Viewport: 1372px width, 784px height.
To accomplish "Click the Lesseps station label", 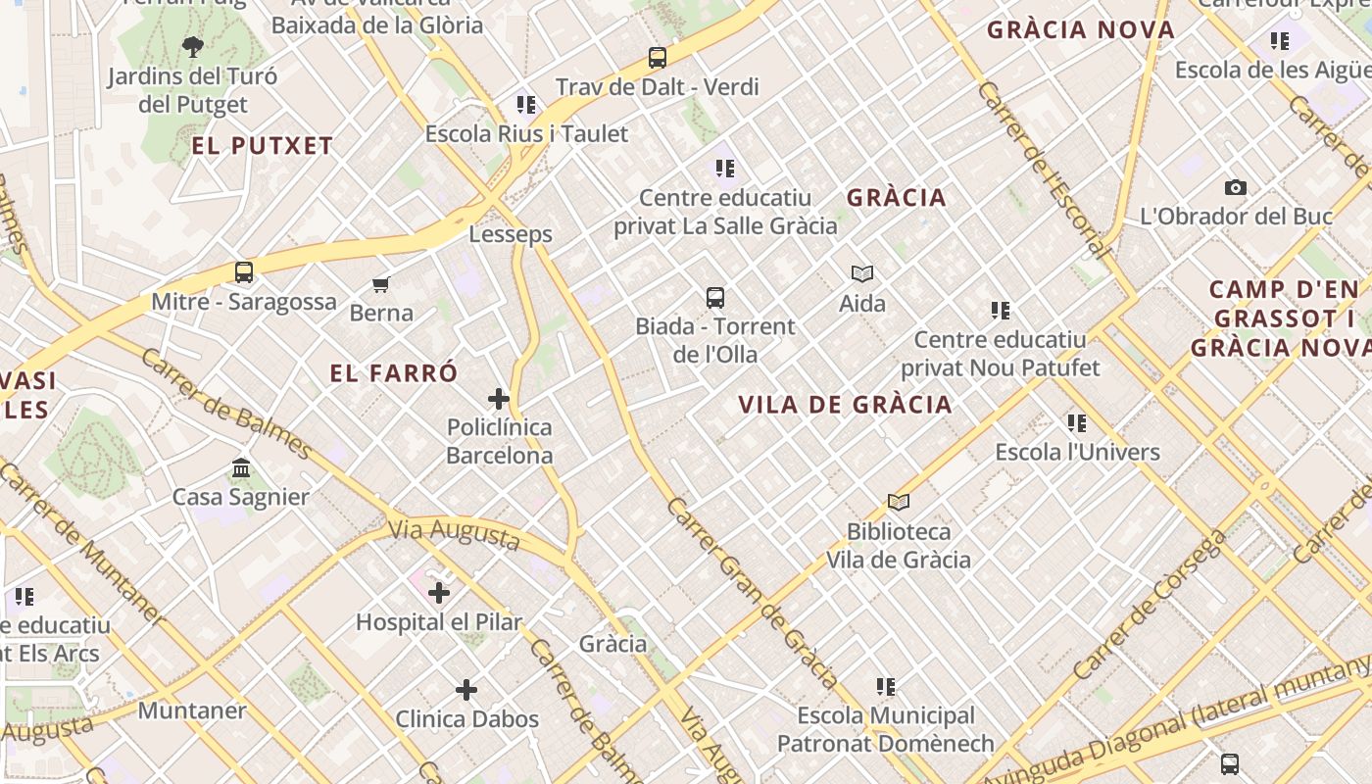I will (x=510, y=234).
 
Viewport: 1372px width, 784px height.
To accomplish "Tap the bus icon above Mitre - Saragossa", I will (x=244, y=272).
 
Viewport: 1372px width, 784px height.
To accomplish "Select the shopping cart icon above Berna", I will (x=381, y=285).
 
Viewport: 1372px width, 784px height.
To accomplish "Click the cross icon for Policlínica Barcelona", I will (x=499, y=399).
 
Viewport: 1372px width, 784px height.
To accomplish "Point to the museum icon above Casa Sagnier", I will (x=241, y=468).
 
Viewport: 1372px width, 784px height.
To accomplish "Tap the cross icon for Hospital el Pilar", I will (x=439, y=593).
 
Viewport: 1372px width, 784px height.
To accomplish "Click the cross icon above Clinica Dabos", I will (x=466, y=690).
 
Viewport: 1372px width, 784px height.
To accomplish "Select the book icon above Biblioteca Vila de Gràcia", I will (x=899, y=503).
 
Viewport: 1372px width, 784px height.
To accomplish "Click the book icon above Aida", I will (x=862, y=274).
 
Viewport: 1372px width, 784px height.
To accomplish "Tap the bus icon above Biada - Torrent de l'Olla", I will (x=715, y=298).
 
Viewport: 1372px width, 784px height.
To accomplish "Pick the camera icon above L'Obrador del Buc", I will (x=1236, y=188).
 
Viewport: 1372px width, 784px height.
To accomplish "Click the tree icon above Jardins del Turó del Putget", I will (x=193, y=46).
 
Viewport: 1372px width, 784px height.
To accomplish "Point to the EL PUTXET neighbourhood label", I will (x=263, y=147).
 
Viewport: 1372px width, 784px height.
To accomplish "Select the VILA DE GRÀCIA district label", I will (x=845, y=405).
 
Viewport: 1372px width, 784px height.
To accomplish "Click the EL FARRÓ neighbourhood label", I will (x=394, y=373).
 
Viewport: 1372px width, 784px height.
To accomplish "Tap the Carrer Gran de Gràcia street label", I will (x=752, y=593).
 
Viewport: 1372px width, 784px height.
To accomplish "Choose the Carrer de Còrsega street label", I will (x=1149, y=607).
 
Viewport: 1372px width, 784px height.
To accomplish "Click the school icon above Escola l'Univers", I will (x=1077, y=423).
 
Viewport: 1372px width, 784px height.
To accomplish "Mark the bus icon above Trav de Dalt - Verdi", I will (x=658, y=58).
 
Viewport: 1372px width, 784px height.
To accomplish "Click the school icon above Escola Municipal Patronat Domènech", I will (x=886, y=687).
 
